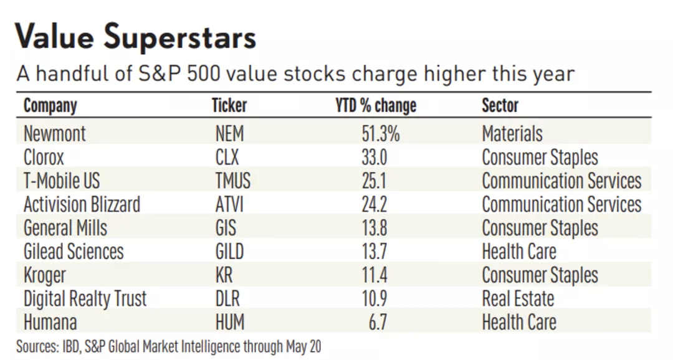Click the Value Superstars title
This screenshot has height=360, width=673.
136,37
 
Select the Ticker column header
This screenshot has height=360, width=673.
229,105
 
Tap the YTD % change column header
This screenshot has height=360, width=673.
375,105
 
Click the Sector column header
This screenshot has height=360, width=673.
500,105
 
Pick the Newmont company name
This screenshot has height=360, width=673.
55,133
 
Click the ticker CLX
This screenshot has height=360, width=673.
227,157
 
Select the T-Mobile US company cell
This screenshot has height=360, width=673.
62,181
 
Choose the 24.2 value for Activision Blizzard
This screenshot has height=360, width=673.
374,204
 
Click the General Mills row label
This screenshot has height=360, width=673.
65,228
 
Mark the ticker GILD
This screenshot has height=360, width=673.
229,252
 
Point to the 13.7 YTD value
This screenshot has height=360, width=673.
374,252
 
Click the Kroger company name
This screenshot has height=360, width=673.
44,275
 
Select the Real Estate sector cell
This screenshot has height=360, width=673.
518,299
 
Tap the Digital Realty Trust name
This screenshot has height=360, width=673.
85,299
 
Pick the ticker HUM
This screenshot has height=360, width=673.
229,323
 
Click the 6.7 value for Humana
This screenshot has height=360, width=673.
378,323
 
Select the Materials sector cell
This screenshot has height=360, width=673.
512,133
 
